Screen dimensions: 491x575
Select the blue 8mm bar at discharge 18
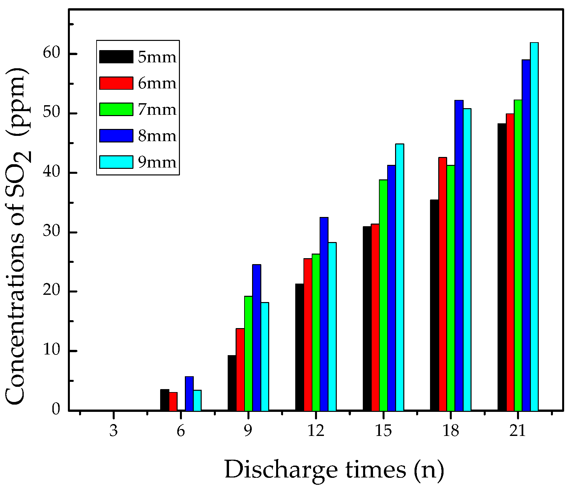(x=459, y=256)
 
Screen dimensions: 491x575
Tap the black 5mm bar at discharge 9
(x=232, y=383)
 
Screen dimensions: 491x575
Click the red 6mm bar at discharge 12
(x=308, y=334)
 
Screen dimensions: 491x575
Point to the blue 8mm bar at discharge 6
(x=189, y=393)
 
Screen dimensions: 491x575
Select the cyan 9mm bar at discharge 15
(x=399, y=277)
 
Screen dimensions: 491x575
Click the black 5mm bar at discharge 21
(x=502, y=267)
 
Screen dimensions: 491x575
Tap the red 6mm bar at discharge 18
(x=443, y=284)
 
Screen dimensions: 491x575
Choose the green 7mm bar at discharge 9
(x=248, y=353)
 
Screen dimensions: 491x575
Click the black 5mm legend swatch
(x=116, y=57)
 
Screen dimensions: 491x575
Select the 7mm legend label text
(x=157, y=109)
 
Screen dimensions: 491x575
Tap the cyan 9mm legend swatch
(x=116, y=162)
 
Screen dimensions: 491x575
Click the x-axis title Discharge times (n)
(x=334, y=469)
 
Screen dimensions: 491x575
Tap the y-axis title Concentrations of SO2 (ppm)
(x=18, y=236)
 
